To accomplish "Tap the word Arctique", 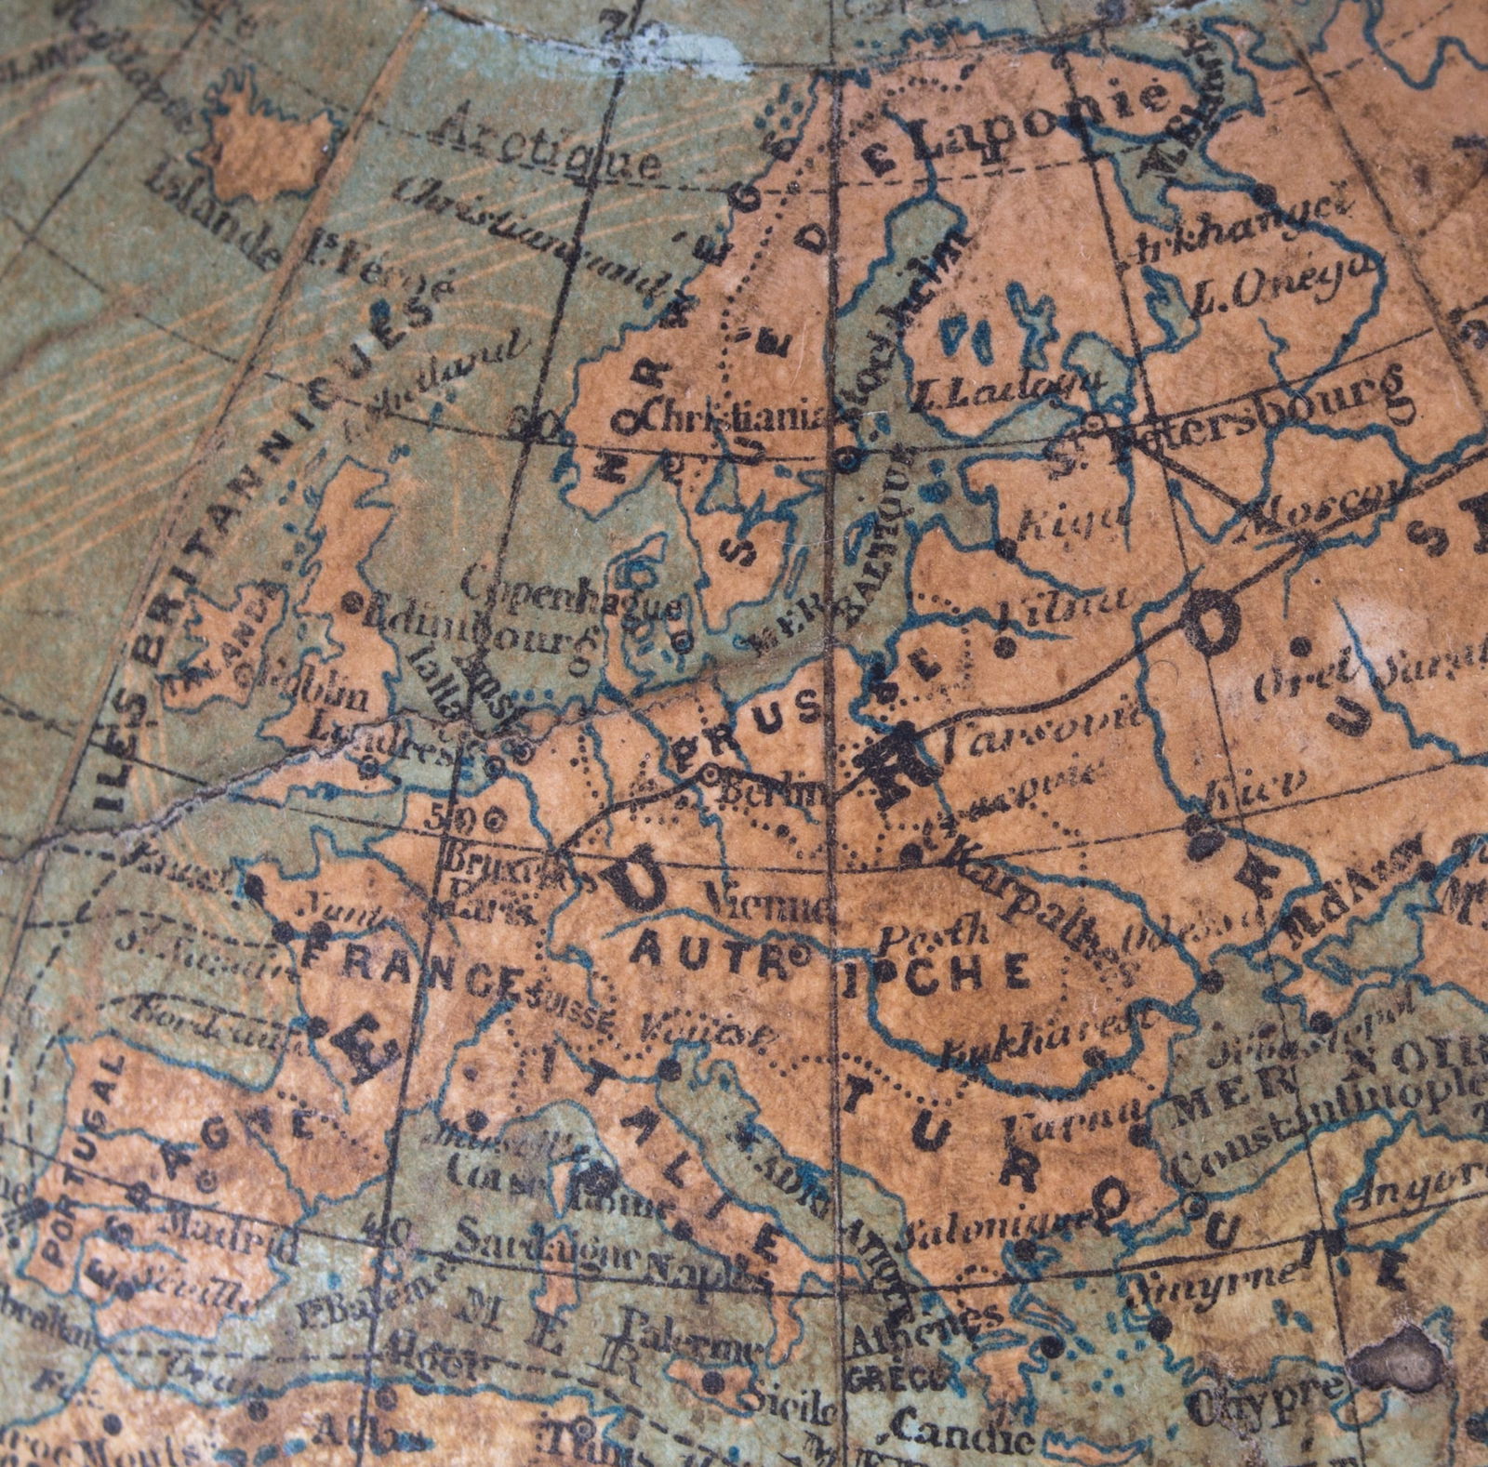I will pos(548,149).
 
